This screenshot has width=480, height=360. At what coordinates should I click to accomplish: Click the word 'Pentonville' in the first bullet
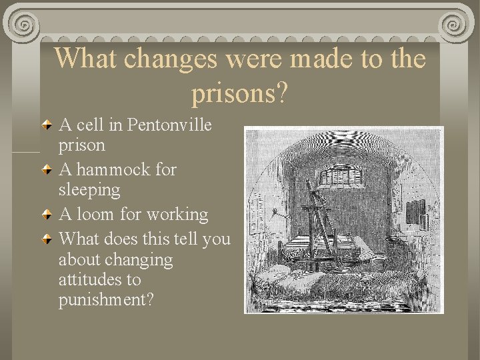coord(169,125)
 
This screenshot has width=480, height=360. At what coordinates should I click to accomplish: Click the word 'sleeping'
coord(90,190)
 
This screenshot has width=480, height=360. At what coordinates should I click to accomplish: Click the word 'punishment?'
coord(106,300)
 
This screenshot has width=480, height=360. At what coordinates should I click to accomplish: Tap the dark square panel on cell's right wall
coord(415,213)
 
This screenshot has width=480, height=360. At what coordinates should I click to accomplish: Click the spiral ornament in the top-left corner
coord(25,25)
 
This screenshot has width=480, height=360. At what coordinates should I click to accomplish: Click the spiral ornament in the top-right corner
coord(455,25)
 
